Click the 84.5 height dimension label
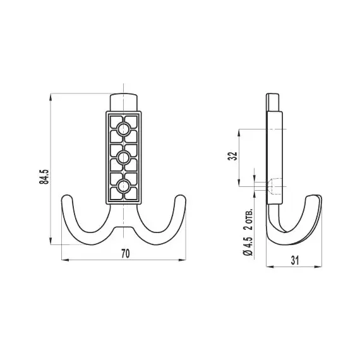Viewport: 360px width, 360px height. [44, 177]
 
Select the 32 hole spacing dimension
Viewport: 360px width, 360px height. [232, 157]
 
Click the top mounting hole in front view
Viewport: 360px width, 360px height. [124, 129]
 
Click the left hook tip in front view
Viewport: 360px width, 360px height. [68, 200]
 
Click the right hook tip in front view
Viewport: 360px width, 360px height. [181, 200]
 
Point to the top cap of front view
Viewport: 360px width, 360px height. [124, 102]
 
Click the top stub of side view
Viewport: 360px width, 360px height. [274, 102]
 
